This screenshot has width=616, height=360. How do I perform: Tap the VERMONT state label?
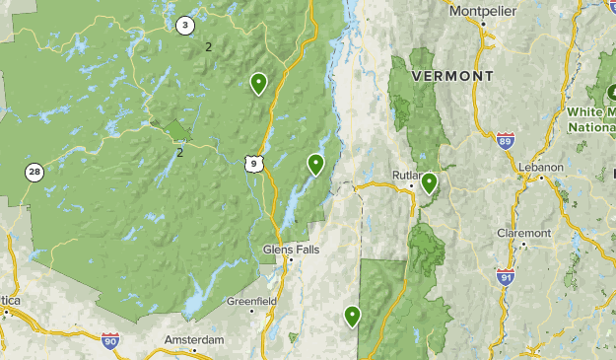(x=452, y=76)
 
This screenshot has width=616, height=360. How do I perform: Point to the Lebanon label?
(x=540, y=167)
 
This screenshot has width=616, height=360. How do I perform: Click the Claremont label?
(x=523, y=234)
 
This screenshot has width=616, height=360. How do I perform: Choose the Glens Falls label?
(x=291, y=250)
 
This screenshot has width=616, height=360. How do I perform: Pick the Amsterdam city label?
(x=194, y=339)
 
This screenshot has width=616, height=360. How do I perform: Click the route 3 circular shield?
(x=184, y=26)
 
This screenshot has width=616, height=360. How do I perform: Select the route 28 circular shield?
(x=34, y=173)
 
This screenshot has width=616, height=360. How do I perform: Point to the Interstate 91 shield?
(x=506, y=276)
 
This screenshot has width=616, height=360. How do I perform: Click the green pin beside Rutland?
(x=429, y=182)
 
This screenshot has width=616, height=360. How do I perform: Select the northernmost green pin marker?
(x=258, y=83)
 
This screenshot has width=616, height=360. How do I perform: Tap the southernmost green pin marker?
(x=352, y=316)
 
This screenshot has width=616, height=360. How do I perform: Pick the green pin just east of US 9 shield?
(x=315, y=164)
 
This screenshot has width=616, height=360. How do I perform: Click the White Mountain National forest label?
(x=590, y=118)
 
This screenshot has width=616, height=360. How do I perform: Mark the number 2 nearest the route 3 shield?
(x=208, y=47)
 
